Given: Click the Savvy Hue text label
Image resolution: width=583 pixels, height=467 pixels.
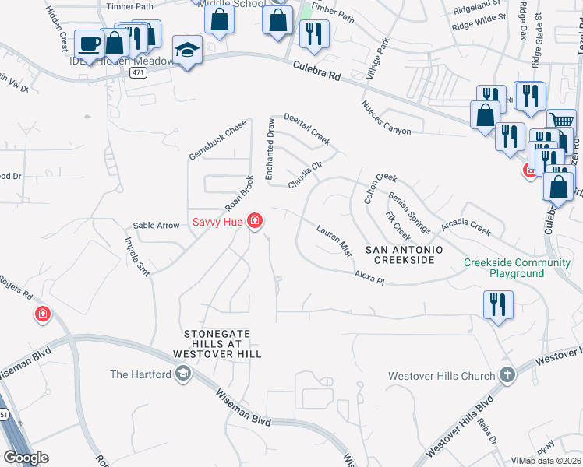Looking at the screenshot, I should click(217, 223).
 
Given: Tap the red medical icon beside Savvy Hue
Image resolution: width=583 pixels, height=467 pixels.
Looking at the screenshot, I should click(254, 223).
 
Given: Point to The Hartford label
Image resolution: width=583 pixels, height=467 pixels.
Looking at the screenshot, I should click(140, 374).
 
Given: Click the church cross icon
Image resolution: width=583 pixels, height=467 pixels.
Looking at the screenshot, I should click(507, 375).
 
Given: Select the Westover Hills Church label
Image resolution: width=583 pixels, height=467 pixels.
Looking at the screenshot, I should click(442, 376).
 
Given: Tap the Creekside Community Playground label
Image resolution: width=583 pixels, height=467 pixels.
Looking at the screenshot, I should click(515, 268).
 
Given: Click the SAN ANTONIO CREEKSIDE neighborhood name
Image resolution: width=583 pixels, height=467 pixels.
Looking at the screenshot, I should click(404, 254).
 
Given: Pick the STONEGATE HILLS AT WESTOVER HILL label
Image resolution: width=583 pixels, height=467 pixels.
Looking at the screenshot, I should click(222, 343).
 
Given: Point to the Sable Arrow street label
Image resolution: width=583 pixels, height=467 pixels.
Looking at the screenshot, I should click(157, 226).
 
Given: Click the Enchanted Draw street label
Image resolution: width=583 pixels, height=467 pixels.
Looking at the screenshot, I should click(270, 149).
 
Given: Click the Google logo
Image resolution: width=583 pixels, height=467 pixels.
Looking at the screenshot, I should click(26, 458).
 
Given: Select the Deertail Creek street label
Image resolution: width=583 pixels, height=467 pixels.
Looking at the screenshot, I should click(307, 130).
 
